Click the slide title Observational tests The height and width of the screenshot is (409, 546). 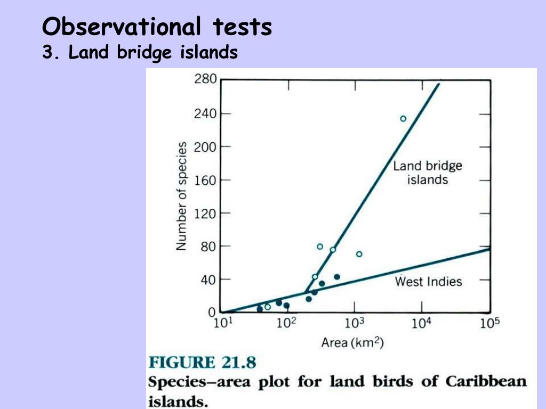coord(157,27)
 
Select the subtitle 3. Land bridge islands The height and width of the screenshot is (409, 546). coord(140,53)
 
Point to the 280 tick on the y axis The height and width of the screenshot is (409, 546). coord(205,79)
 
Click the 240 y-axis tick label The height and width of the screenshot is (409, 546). coord(205,113)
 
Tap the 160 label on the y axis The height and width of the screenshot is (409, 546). coord(205,180)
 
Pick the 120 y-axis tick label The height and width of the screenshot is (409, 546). coord(205,214)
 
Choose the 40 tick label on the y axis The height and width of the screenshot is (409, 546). coord(208,279)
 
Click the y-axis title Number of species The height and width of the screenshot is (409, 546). coord(182,196)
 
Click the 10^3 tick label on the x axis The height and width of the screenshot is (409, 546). coord(354,323)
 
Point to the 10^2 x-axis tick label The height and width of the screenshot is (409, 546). coord(286,323)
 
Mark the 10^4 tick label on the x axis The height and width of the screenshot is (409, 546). coord(421,323)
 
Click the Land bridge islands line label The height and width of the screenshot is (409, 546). coord(428,173)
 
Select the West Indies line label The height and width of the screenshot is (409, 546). coord(428,281)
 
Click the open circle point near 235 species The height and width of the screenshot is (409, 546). coord(403,119)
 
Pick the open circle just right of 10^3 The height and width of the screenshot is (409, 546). coord(359,254)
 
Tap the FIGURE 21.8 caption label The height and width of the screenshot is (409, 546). coord(202,363)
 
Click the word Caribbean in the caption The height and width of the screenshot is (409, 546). coord(486,381)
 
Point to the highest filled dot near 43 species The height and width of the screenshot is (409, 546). coord(336,277)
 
